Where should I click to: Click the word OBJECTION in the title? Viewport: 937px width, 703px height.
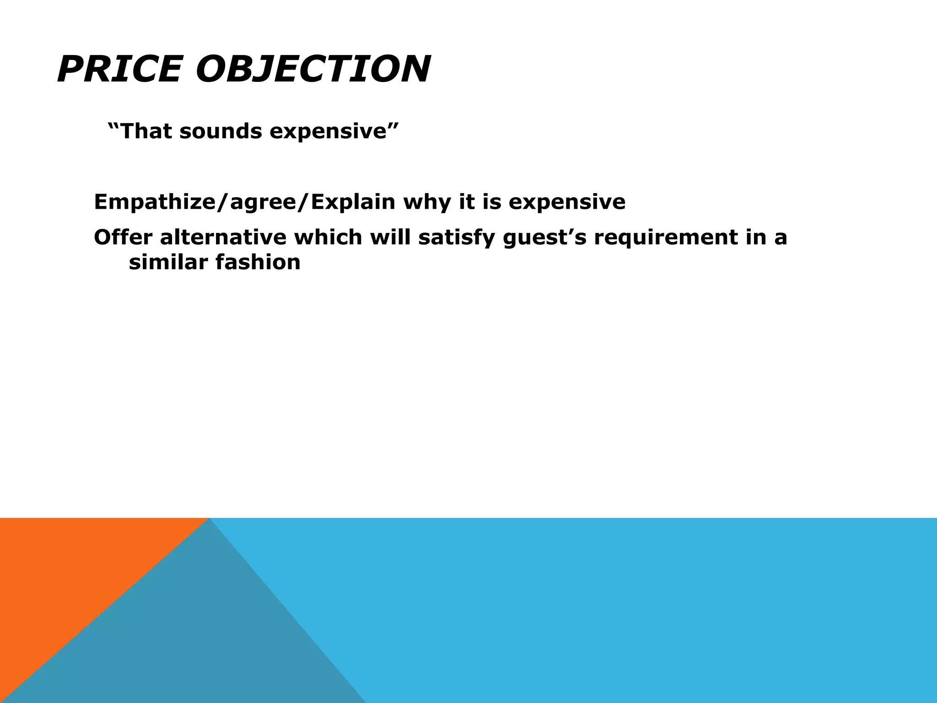313,70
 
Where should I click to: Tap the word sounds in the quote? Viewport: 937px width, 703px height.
221,131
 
